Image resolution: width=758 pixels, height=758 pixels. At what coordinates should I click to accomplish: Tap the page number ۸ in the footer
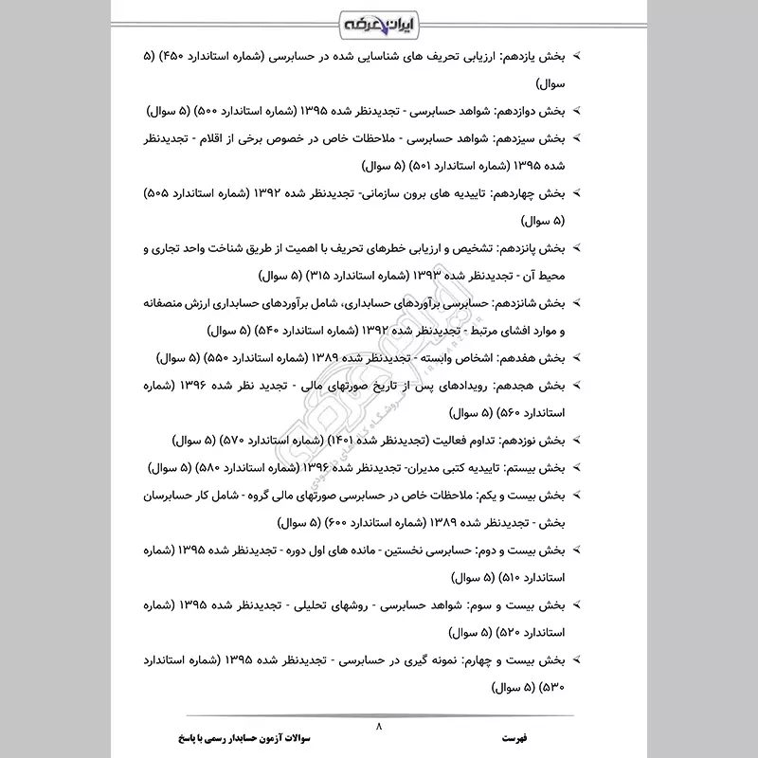click(378, 726)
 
